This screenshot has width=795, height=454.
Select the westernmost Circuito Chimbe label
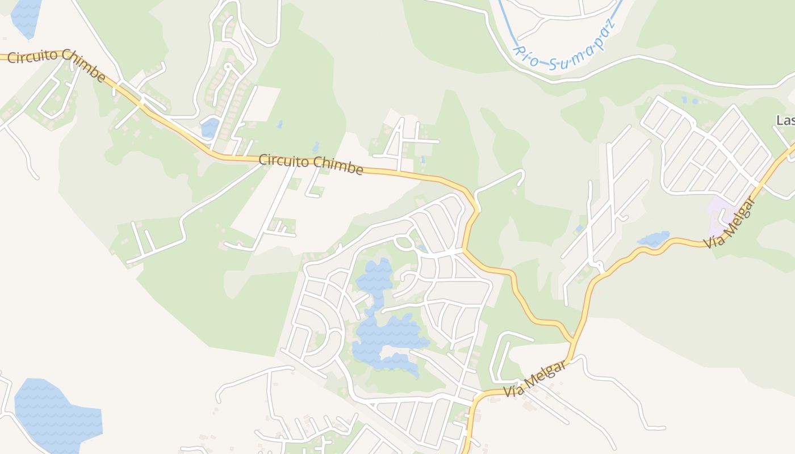click(57, 65)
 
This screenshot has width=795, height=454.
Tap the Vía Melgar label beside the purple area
click(730, 223)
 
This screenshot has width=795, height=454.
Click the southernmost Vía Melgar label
click(534, 380)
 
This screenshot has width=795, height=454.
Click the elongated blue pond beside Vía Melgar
click(654, 238)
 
